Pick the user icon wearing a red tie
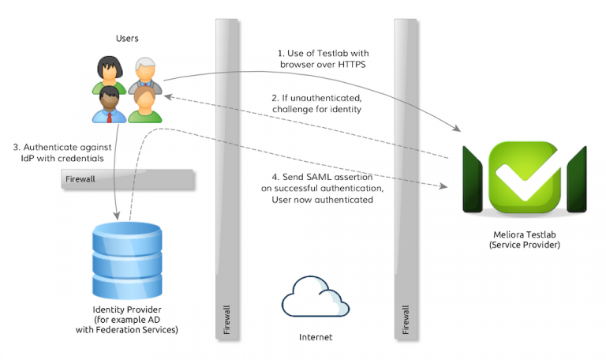pos(109,105)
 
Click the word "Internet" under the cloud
pos(315,337)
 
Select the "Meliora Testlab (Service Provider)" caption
pos(524,241)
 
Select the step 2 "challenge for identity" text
pos(316,103)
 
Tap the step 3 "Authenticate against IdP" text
pos(59,152)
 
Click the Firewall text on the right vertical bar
pos(406,319)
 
